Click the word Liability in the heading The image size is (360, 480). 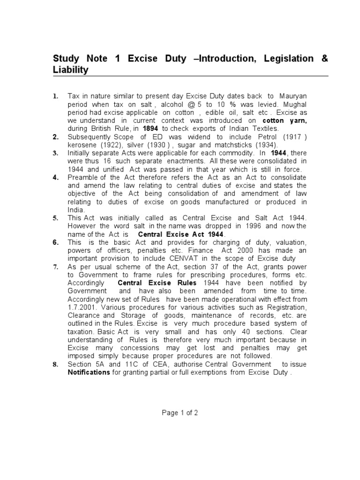click(70, 70)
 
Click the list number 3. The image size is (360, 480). click(56, 153)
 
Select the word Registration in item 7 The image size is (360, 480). click(287, 307)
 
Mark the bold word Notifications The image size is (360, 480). click(90, 372)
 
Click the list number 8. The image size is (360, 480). click(56, 364)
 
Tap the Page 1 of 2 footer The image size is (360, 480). click(180, 413)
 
